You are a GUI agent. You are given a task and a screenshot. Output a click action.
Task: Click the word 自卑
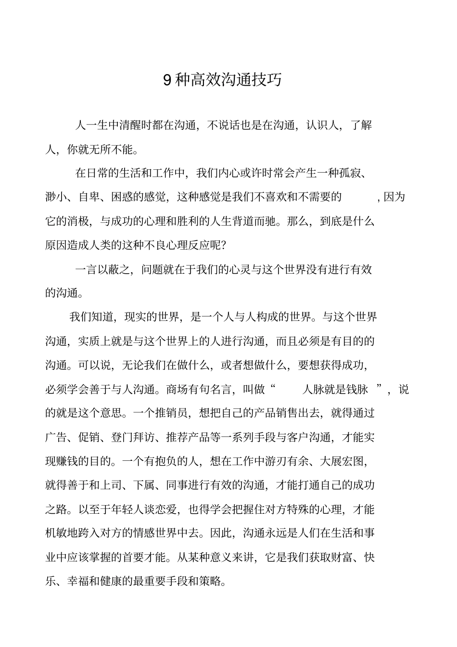pos(89,197)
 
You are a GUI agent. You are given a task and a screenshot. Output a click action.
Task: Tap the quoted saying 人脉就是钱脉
pos(335,389)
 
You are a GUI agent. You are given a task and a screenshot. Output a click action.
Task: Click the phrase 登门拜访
pos(133,437)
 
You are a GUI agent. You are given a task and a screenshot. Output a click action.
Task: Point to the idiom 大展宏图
pos(342,461)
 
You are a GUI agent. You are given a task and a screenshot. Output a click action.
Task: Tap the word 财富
pos(342,558)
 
